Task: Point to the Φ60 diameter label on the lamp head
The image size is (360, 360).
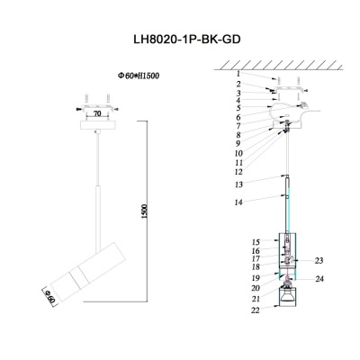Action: point(50,293)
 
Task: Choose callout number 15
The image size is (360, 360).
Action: point(256,242)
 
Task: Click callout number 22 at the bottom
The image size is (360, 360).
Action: point(256,310)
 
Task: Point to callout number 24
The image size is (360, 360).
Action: point(319,279)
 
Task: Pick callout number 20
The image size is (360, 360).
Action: point(256,288)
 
